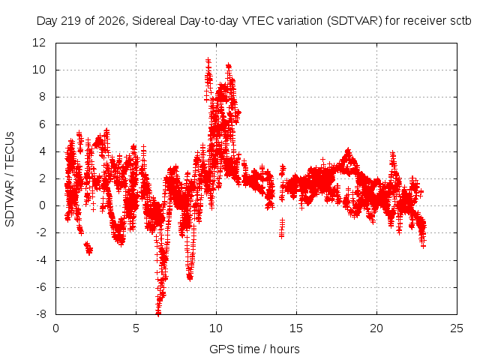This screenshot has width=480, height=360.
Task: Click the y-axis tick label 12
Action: click(x=39, y=43)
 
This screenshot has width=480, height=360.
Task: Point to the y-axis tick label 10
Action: click(x=39, y=70)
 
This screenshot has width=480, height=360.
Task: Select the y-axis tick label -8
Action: click(x=41, y=314)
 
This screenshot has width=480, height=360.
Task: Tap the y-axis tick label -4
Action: click(x=41, y=260)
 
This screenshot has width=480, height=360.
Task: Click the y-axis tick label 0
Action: click(x=43, y=205)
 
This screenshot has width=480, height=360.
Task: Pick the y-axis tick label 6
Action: click(x=43, y=124)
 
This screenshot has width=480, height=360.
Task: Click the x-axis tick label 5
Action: click(x=136, y=328)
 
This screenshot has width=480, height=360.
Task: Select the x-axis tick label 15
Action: click(x=296, y=328)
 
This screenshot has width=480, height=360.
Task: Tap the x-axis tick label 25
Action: click(x=457, y=328)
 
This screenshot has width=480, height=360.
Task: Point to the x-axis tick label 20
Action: click(x=376, y=328)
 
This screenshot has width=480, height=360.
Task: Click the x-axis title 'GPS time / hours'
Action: click(x=254, y=349)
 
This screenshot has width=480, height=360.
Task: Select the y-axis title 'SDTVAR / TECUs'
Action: click(x=10, y=179)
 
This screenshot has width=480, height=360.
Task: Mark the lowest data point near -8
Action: click(x=158, y=313)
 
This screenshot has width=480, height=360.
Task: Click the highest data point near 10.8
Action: click(x=208, y=59)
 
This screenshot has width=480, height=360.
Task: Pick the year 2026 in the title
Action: click(x=112, y=21)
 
